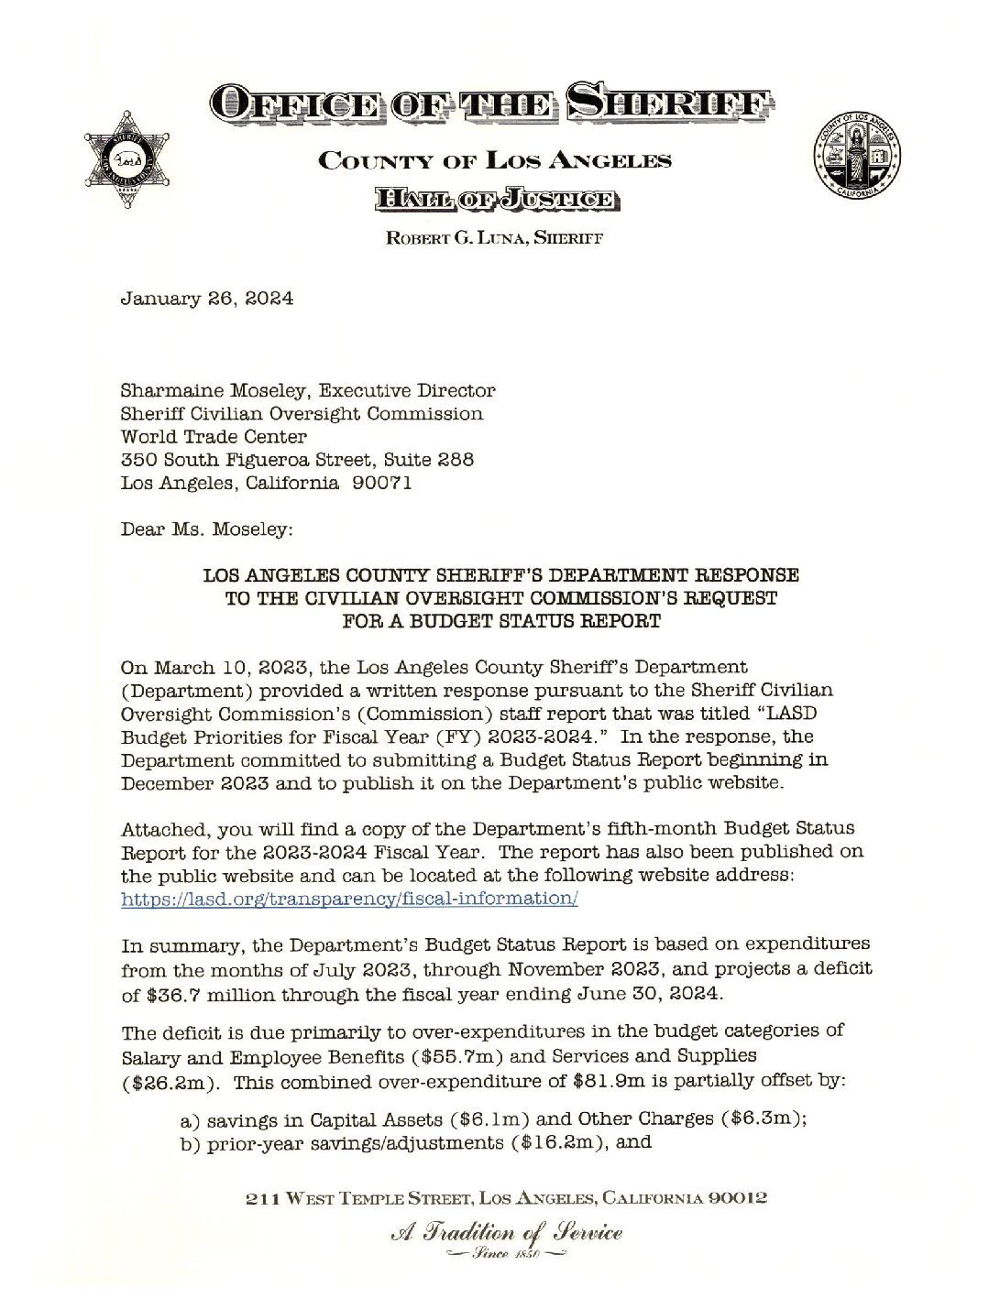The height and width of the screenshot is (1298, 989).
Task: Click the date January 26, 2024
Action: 207,300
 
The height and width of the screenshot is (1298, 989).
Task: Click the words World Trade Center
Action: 214,437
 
